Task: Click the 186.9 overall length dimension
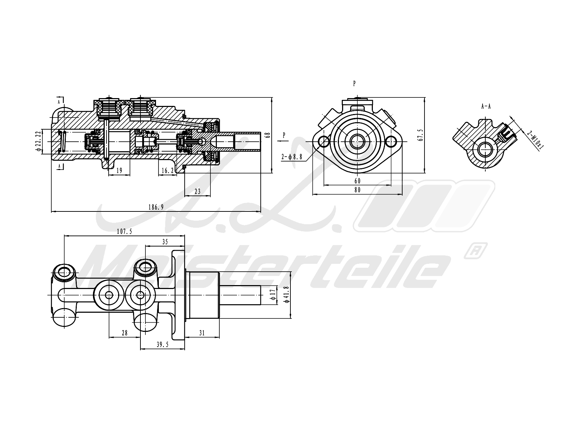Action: (x=156, y=208)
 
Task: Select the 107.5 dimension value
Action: (x=124, y=232)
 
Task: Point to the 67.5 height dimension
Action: (x=420, y=135)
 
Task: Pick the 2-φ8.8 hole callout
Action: (x=292, y=157)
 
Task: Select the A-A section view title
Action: (x=486, y=106)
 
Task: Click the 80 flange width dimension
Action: (x=357, y=190)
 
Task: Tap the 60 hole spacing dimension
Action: (x=357, y=181)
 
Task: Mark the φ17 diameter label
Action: (x=272, y=294)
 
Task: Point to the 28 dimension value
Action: (x=124, y=333)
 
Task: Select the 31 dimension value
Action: (x=202, y=333)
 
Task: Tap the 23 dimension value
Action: (x=197, y=191)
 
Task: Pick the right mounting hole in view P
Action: (x=391, y=142)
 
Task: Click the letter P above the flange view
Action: (x=354, y=84)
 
